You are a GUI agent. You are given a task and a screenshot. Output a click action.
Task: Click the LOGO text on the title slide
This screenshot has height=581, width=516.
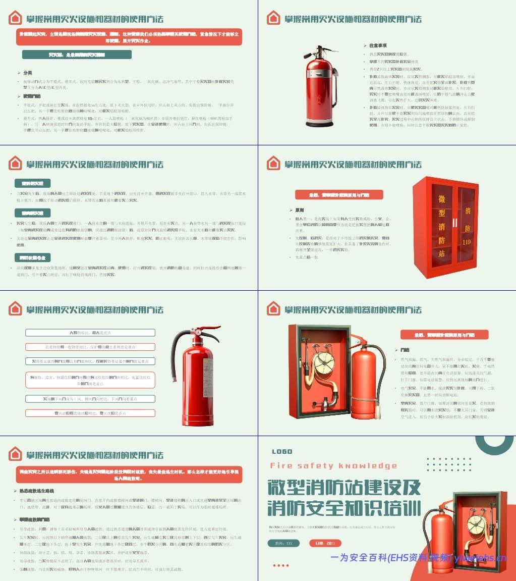point(282,452)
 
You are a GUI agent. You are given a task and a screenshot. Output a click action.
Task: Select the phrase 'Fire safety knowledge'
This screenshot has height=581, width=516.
point(333,466)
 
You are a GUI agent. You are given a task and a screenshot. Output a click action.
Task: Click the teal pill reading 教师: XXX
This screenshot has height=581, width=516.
point(283,543)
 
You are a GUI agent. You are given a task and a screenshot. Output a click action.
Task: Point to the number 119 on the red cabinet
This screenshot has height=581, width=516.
point(468,242)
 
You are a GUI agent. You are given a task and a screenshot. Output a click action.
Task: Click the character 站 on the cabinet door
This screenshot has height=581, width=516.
point(441,253)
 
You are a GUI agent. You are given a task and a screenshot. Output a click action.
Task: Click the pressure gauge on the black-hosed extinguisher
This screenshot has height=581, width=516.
point(199,334)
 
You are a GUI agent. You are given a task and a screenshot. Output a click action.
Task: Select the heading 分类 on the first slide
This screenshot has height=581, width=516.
point(28,73)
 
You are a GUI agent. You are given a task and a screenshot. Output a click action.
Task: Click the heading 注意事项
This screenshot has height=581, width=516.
point(378,45)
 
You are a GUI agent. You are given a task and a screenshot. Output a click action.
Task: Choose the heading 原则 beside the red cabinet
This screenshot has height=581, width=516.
point(300,209)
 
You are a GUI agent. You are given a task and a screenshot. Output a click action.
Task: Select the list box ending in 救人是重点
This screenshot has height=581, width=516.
point(90,333)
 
